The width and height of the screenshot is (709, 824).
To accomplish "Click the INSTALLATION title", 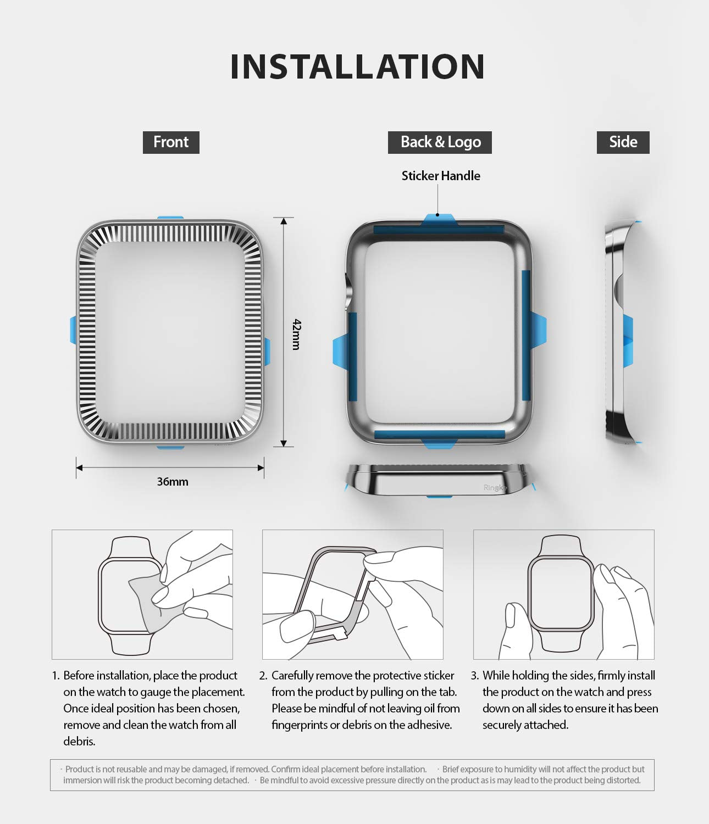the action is pos(357,66).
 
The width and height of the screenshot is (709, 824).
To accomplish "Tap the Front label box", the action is pos(171,142).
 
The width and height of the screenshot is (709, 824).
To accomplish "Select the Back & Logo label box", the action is pos(440,142).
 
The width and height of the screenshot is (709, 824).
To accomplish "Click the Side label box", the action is pos(623,142).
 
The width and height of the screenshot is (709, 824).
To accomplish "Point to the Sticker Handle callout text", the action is pos(441,176).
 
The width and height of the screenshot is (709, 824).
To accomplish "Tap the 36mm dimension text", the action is pos(172,482).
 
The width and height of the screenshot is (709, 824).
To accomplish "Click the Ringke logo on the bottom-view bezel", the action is pos(495,488).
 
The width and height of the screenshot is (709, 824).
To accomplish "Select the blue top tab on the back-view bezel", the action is pos(439,219).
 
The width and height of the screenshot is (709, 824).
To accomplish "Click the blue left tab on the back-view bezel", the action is pos(340,352).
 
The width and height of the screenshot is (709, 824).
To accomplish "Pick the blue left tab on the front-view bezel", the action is pos(73,330).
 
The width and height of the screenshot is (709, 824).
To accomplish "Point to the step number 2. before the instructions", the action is pos(263,676).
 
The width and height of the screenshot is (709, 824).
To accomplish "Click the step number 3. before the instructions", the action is pos(474,676).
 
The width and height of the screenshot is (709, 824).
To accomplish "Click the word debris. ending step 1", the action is pos(79,742).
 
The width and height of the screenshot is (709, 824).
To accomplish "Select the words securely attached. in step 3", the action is pos(525,725).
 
